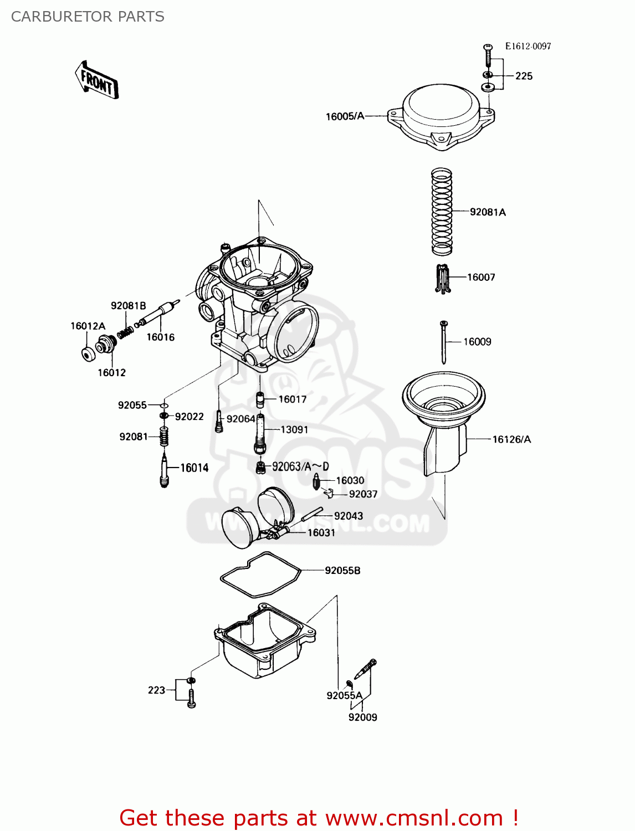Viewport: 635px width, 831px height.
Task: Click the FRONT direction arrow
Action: coord(97,81)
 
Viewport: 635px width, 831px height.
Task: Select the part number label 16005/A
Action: coord(345,116)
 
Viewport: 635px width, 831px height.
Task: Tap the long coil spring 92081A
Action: coord(442,212)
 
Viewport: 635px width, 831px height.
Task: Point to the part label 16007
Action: coord(481,277)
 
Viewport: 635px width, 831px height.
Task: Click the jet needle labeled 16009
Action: coord(444,342)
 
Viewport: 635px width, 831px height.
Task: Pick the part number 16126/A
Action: coord(511,439)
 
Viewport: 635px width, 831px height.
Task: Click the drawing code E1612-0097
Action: coord(528,47)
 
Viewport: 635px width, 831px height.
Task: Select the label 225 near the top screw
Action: coord(524,76)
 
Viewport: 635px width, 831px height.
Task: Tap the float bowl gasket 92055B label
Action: coord(342,570)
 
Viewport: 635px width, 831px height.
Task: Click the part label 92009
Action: coord(362,717)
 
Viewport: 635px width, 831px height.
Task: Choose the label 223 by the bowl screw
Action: coord(156,690)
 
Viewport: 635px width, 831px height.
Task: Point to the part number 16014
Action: coord(194,468)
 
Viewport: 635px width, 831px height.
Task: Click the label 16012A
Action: coord(88,326)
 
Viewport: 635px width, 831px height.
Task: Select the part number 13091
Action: coord(294,429)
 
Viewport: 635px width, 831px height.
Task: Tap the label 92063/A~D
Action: coord(300,466)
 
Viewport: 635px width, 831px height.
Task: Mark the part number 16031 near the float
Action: coord(321,532)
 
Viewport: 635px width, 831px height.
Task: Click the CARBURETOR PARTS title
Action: coord(88,17)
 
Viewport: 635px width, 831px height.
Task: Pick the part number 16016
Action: coord(160,337)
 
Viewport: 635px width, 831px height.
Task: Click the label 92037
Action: coord(363,494)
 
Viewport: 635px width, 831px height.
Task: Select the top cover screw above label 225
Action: coord(488,55)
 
